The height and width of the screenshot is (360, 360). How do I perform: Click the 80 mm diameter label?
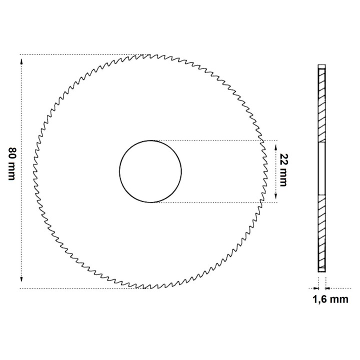[x=11, y=164]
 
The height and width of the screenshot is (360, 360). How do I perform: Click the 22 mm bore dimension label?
[x=284, y=170]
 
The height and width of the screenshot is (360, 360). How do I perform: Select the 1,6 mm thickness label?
[x=330, y=299]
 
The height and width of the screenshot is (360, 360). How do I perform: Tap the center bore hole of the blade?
[x=150, y=171]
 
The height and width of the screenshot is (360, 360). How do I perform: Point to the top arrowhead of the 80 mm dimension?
[x=21, y=61]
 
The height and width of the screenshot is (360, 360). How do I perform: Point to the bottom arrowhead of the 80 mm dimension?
[x=21, y=279]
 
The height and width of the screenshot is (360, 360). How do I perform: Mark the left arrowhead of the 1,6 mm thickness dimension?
[x=316, y=288]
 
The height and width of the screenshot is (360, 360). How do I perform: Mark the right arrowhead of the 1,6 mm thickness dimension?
[x=328, y=288]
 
